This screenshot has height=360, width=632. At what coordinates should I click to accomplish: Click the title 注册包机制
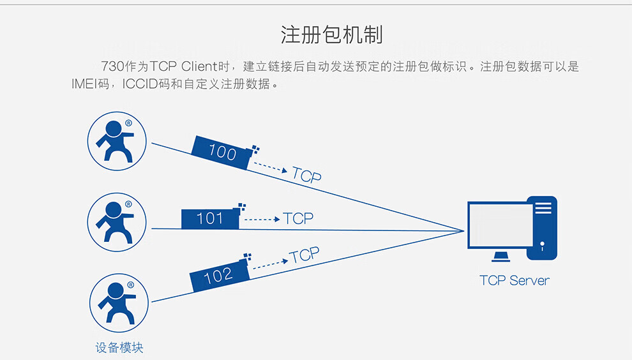click(331, 34)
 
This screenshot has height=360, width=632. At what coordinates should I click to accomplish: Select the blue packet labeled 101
click(211, 218)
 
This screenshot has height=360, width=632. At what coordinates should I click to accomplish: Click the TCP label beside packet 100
click(306, 175)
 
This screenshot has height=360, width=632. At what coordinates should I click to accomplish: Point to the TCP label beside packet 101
click(298, 218)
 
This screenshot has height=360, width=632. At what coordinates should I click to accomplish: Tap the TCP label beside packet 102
click(305, 255)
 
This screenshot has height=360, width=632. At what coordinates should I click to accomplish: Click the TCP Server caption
click(515, 280)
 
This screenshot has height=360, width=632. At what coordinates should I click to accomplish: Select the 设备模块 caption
click(119, 347)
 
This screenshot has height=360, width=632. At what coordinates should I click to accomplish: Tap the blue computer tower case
click(542, 228)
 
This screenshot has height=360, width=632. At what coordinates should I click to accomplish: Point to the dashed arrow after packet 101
click(262, 220)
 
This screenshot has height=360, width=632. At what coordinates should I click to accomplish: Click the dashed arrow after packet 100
click(271, 167)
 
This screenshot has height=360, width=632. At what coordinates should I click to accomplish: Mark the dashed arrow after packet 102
click(271, 264)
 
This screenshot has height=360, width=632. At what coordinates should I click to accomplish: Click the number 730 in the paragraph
click(113, 66)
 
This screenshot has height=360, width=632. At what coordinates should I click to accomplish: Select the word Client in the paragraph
click(199, 66)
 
